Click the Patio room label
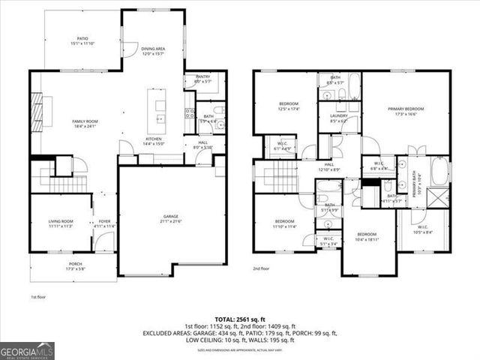click(x=82, y=40)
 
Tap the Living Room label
click(x=60, y=223)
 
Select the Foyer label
click(x=104, y=223)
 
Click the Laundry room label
click(x=338, y=118)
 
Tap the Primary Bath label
click(x=418, y=184)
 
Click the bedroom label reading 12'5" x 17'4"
click(x=289, y=106)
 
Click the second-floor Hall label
click(x=329, y=166)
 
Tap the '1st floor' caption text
click(x=39, y=297)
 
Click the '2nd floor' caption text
click(x=262, y=268)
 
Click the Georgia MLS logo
click(x=27, y=349)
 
